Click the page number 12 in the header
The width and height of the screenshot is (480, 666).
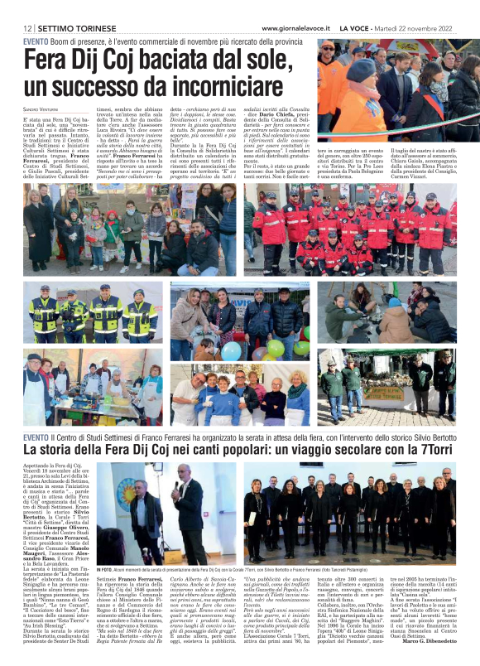pos(27,28)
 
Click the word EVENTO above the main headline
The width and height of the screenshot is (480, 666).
pos(36,41)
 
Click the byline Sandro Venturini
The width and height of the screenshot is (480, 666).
pos(41,109)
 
